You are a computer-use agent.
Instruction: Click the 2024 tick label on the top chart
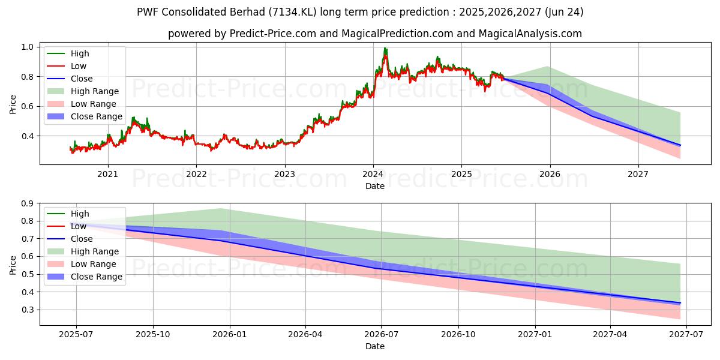pos(373,175)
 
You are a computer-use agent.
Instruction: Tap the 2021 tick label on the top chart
pos(108,175)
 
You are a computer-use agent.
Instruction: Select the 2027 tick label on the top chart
pos(638,175)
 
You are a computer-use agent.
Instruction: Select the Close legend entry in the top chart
pos(82,79)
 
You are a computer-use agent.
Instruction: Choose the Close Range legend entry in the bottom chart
pos(97,277)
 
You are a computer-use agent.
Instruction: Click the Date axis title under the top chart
pos(375,186)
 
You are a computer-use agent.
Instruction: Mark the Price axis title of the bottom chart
pos(13,265)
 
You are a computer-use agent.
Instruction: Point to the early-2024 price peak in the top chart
pos(385,49)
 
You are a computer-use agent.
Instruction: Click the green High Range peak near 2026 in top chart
pos(547,67)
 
